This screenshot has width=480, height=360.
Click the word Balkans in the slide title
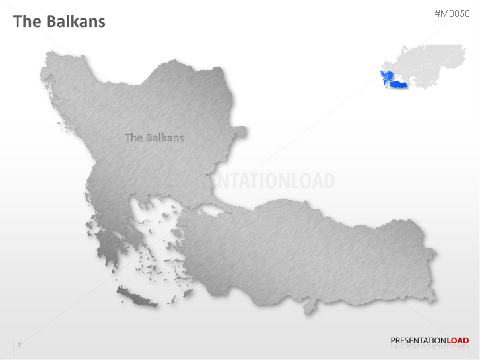(75, 21)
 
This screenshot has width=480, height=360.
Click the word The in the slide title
(28, 21)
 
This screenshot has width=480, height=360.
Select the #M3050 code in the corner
(452, 13)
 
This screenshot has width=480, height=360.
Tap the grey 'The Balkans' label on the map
(154, 138)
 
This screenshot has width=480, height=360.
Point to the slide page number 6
(19, 343)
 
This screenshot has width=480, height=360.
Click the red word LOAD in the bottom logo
(458, 341)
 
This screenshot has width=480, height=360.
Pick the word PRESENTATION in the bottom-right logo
(418, 341)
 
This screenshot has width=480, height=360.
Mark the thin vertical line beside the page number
(13, 347)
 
